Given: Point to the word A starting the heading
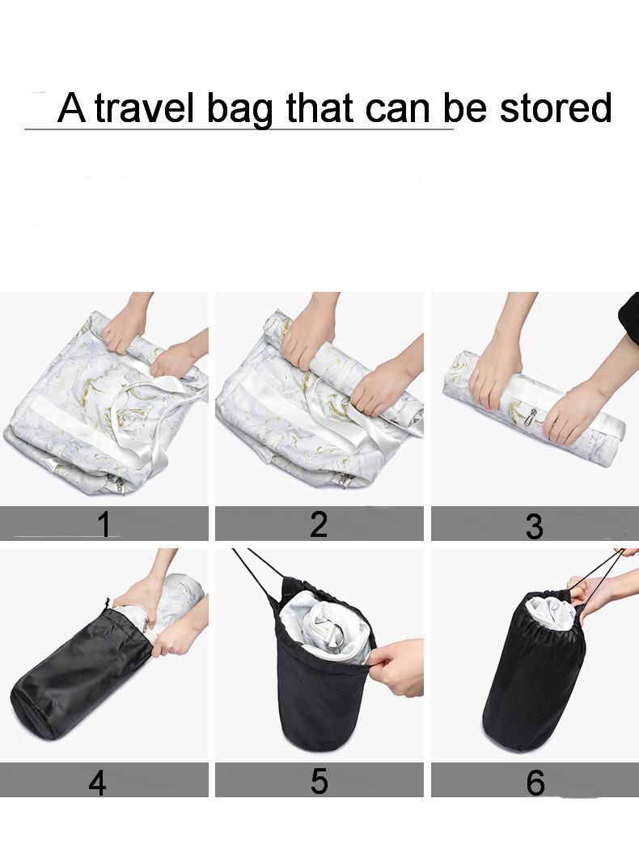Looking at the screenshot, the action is coord(72,108).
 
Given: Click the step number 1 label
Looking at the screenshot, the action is coord(104,523).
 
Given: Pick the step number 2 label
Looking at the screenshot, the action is coord(319,524).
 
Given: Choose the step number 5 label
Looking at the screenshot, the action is coord(319,781).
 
